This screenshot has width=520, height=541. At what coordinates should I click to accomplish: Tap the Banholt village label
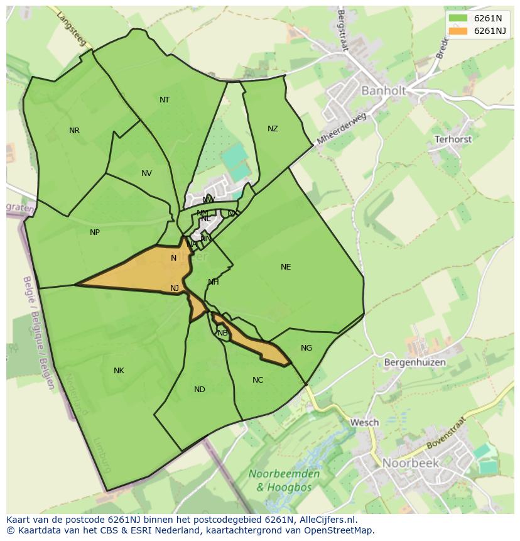(x=383, y=90)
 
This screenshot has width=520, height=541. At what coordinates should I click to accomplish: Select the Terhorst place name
(x=453, y=139)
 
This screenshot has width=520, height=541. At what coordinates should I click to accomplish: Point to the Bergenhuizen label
(x=414, y=363)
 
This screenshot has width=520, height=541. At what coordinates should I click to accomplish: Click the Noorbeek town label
(x=411, y=463)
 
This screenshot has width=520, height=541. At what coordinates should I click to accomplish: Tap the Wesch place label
(x=364, y=422)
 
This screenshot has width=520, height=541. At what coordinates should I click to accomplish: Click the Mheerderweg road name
(x=341, y=129)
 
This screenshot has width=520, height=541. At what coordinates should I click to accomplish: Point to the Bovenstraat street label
(x=447, y=433)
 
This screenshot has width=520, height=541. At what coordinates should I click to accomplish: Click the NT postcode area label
(x=165, y=100)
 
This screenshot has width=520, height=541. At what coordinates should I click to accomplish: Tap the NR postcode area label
(x=74, y=131)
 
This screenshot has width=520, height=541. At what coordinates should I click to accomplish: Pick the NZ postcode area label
(x=273, y=129)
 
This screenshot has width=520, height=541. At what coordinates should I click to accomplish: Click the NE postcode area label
(x=286, y=267)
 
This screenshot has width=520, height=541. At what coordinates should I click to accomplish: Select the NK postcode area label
(x=119, y=371)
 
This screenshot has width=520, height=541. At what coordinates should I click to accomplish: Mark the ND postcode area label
(x=200, y=390)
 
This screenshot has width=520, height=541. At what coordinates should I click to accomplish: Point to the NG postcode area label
(x=306, y=348)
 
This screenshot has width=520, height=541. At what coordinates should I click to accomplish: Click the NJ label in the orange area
(x=175, y=288)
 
